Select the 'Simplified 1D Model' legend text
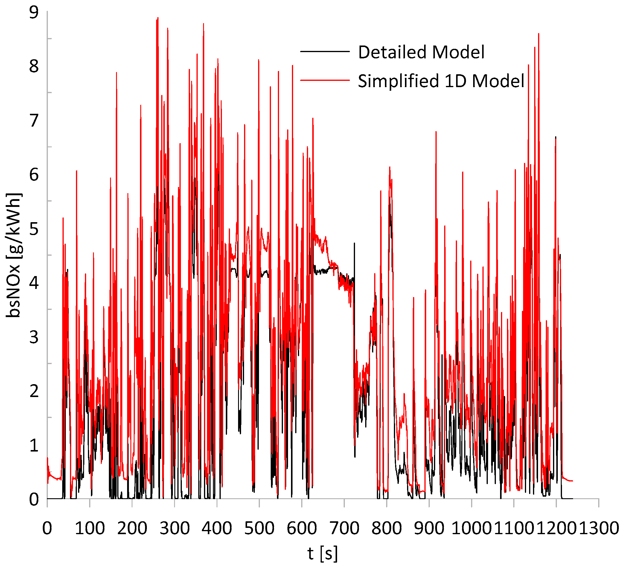441,81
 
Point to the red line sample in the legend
325,80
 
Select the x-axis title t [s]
323,553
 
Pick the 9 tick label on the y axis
34,13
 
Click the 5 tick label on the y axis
34,229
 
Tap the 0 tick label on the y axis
34,500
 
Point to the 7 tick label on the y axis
34,121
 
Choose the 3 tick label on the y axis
34,337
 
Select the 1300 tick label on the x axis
598,528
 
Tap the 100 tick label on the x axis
90,528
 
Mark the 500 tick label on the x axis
259,528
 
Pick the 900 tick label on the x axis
429,528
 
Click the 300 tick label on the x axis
175,528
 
